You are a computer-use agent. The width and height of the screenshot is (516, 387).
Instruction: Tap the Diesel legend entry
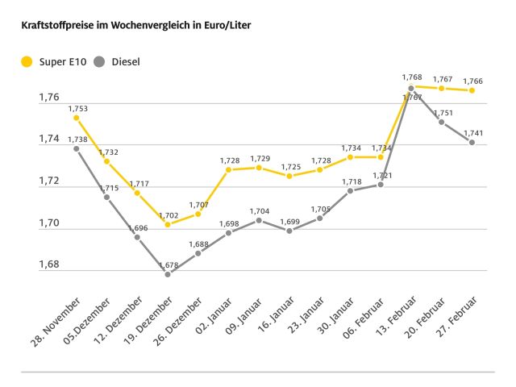pos(116,61)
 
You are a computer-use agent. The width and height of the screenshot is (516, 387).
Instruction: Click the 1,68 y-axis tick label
pos(49,264)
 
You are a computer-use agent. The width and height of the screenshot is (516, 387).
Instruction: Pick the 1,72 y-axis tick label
pos(49,181)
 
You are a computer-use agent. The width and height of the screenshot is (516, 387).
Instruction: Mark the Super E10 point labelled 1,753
pos(77,118)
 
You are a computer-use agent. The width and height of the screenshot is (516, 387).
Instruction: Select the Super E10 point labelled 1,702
pos(168,224)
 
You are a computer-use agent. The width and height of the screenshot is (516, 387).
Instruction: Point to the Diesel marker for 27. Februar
pos(472,143)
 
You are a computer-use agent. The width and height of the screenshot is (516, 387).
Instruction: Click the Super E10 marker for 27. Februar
pos(472,90)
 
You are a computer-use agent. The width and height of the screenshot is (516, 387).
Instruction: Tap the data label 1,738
pos(77,139)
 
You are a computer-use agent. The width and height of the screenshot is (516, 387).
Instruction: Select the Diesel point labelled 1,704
pos(259,220)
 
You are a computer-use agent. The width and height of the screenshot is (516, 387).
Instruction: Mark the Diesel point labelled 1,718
pos(350,191)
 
